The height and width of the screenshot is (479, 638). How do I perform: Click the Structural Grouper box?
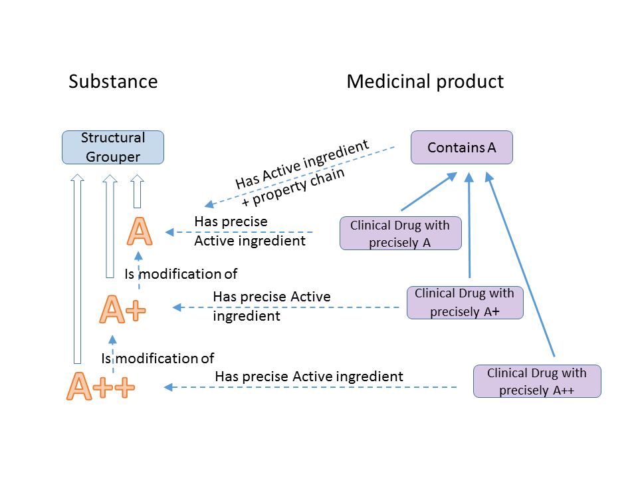pyautogui.click(x=113, y=148)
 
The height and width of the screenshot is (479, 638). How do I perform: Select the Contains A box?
pyautogui.click(x=462, y=148)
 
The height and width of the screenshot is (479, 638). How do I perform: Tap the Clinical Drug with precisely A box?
pyautogui.click(x=401, y=234)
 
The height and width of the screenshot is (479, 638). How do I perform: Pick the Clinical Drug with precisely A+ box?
pyautogui.click(x=465, y=303)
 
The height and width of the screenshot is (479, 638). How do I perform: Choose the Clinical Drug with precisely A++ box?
pyautogui.click(x=537, y=381)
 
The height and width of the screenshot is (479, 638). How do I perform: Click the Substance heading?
pyautogui.click(x=113, y=81)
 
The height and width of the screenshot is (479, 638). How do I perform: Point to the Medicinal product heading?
pyautogui.click(x=425, y=81)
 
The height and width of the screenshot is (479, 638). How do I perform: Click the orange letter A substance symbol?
pyautogui.click(x=140, y=232)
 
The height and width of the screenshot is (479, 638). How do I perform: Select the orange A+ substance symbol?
pyautogui.click(x=122, y=309)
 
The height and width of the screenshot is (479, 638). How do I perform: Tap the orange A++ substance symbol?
pyautogui.click(x=100, y=386)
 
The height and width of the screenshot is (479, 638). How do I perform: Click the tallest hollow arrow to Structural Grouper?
pyautogui.click(x=77, y=269)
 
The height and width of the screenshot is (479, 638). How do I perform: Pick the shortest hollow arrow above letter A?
pyautogui.click(x=138, y=192)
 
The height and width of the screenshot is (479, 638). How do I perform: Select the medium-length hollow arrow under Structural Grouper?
pyautogui.click(x=110, y=226)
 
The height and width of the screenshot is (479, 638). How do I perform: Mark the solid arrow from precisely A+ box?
pyautogui.click(x=469, y=225)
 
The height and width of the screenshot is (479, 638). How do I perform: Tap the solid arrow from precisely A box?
pyautogui.click(x=429, y=192)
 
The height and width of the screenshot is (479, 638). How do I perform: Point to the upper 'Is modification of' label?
pyautogui.click(x=181, y=274)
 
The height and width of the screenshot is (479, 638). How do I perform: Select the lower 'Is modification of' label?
pyautogui.click(x=158, y=359)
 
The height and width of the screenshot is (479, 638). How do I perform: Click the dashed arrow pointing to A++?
pyautogui.click(x=310, y=387)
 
